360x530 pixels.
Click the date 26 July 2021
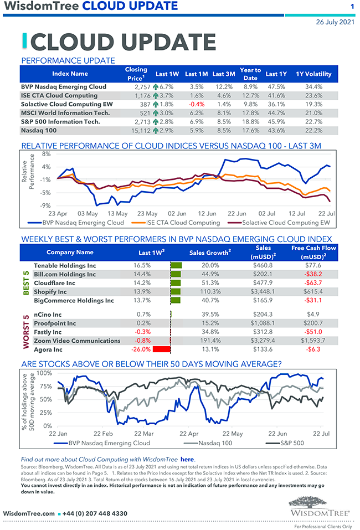pos(335,23)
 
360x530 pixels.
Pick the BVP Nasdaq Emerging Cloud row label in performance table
pos(63,87)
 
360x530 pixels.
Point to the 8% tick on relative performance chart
pos(47,154)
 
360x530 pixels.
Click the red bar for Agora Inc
pos(161,349)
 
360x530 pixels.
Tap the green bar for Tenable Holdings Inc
pos(177,266)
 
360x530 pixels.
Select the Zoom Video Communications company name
pos(77,341)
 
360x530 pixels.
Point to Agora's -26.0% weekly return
pos(141,349)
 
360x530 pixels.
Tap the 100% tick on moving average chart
pos(44,373)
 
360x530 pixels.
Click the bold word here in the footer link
pos(187,459)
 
